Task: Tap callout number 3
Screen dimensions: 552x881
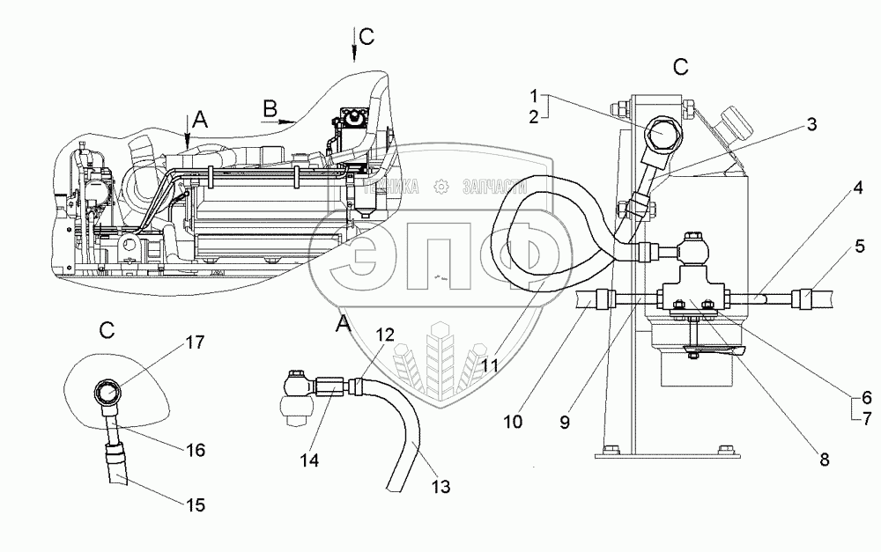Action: [x=811, y=126]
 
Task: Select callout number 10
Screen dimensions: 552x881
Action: [x=513, y=422]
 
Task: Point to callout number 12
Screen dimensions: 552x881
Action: [x=386, y=335]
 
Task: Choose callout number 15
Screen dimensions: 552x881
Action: [x=196, y=505]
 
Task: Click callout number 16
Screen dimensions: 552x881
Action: [x=195, y=450]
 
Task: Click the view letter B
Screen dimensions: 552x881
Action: [x=271, y=108]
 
